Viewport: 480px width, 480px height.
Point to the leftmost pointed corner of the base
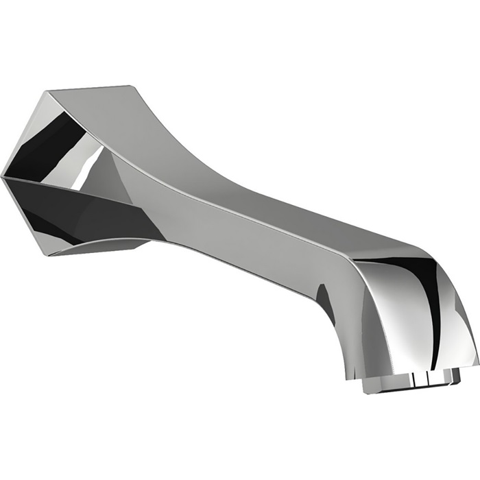3,176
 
